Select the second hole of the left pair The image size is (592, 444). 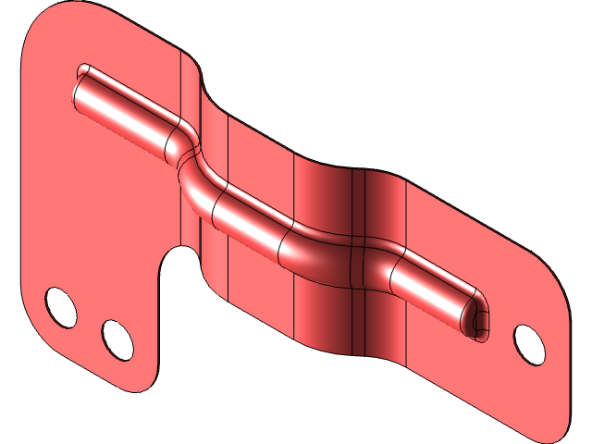coord(117,339)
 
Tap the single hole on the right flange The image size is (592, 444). coord(528,342)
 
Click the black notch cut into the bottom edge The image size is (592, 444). coord(181,264)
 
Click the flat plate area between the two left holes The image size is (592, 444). coord(89,324)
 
